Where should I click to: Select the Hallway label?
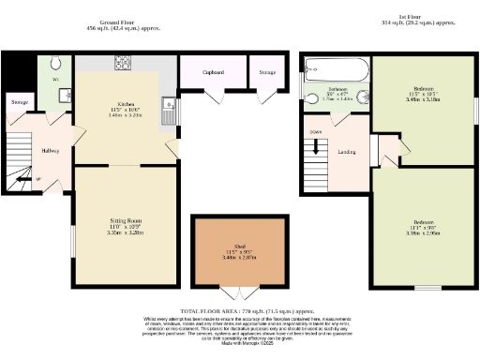click(x=50, y=151)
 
